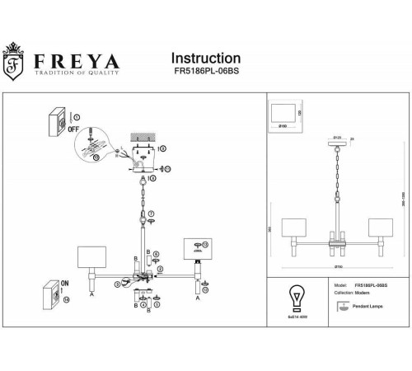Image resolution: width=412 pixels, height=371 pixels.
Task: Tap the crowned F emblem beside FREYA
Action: (15, 64)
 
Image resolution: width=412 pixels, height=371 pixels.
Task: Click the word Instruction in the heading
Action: (205, 59)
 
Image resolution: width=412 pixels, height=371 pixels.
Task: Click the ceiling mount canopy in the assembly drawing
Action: (147, 157)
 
